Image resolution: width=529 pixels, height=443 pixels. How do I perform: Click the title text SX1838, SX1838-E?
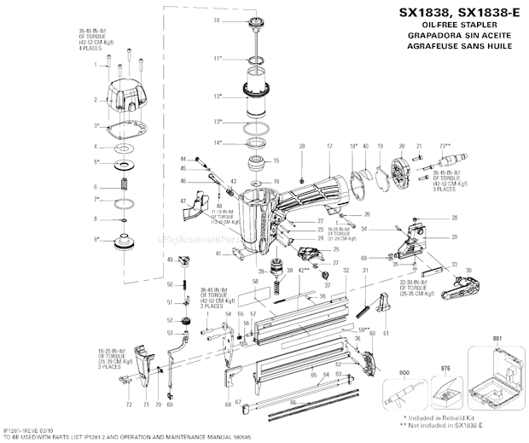pyautogui.click(x=457, y=13)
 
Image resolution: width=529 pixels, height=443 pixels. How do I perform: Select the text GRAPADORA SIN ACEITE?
pyautogui.click(x=457, y=38)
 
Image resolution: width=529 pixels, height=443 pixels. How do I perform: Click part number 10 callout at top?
pyautogui.click(x=216, y=19)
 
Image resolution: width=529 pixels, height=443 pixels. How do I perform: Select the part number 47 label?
pyautogui.click(x=182, y=201)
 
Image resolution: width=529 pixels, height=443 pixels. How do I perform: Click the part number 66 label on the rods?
pyautogui.click(x=294, y=401)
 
